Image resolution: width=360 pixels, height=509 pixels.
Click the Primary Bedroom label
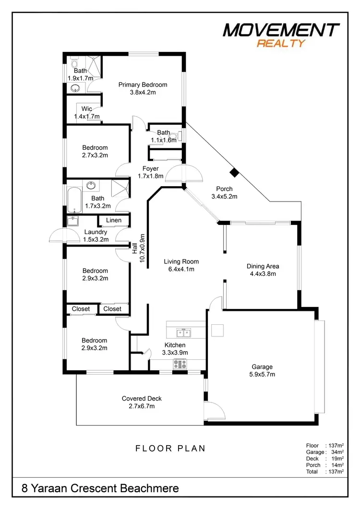tap(143, 85)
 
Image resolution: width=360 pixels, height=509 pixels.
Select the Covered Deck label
tap(142, 399)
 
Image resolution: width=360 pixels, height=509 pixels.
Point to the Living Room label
tap(181, 262)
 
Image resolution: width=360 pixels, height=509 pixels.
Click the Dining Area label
tap(263, 267)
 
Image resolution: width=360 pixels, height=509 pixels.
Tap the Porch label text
tap(222, 189)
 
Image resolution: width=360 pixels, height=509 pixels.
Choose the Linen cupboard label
tap(114, 220)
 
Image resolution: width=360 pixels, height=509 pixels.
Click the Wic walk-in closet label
tap(86, 109)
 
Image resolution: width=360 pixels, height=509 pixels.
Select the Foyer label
tap(150, 169)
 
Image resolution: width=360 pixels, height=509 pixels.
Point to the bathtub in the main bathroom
tap(73, 200)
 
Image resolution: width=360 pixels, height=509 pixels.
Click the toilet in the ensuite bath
tap(75, 63)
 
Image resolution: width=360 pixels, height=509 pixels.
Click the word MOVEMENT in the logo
tap(281, 30)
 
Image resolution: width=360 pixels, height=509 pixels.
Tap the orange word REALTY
tap(281, 44)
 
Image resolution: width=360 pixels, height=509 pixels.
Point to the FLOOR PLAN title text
tap(170, 449)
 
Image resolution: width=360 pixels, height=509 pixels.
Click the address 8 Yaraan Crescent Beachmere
tap(100, 488)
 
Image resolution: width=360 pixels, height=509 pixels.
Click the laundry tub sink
tap(73, 221)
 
